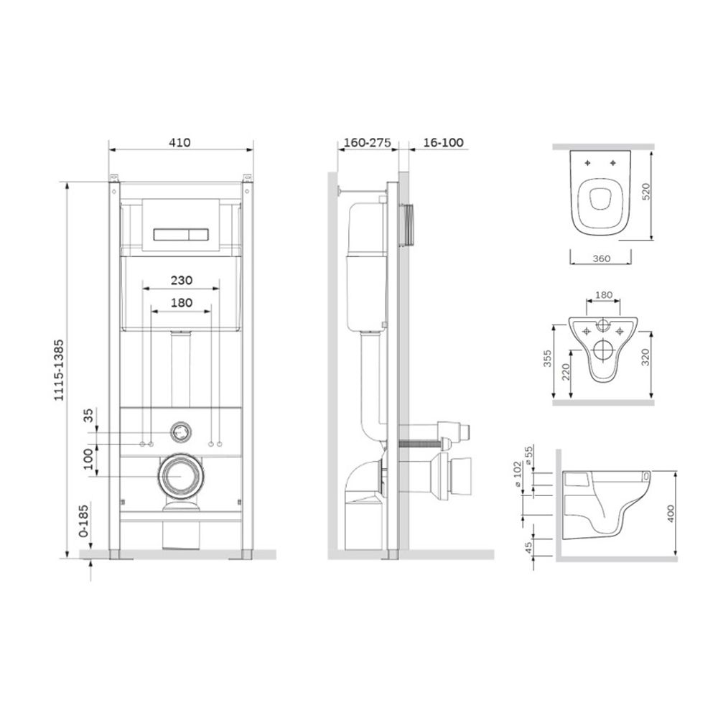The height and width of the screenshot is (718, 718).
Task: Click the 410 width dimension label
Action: pos(179,142)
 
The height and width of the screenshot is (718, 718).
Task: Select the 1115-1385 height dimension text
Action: pos(59,370)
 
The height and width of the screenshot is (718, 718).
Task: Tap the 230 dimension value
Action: pos(182,280)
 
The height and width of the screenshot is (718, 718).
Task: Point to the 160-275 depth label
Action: pos(367,142)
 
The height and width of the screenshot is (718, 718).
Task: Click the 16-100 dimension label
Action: pos(443,142)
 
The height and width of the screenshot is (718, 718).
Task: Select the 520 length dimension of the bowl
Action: pos(645,192)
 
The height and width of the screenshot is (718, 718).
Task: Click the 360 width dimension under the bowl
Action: pos(601,258)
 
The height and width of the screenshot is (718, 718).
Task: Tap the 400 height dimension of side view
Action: pos(671,514)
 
